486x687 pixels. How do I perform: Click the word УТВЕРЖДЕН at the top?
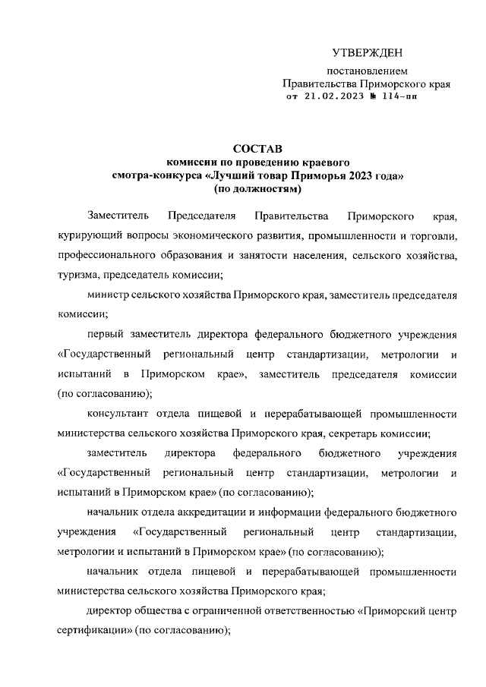click(367, 52)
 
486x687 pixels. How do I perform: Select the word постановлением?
click(367, 72)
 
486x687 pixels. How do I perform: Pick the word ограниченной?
click(227, 612)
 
